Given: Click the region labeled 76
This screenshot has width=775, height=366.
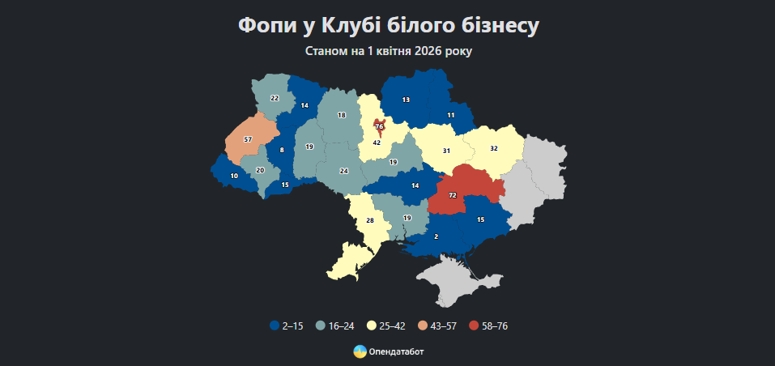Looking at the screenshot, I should click(378, 126).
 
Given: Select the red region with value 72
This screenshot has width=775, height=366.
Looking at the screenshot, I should click(452, 196).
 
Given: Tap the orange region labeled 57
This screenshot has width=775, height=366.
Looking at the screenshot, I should click(248, 140).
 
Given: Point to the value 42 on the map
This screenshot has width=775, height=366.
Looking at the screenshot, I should click(377, 143).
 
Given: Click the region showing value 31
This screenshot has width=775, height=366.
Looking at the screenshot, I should click(446, 151).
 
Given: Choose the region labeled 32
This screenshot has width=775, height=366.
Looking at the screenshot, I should click(493, 148).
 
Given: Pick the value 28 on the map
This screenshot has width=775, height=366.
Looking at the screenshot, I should click(370, 221).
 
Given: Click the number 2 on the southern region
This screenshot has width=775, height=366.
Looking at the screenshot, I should click(436, 236).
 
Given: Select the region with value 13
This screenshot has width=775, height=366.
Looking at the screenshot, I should click(406, 100).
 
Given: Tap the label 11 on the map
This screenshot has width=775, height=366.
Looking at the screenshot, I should click(450, 116).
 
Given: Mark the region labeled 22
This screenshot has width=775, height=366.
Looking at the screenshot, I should click(275, 98).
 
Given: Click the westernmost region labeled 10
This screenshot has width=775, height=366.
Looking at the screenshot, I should click(234, 176).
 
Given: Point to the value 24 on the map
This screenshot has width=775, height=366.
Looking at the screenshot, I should click(343, 171).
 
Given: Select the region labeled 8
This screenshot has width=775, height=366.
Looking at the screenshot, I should click(281, 151).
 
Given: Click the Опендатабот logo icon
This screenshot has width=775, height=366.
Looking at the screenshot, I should click(360, 351).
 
